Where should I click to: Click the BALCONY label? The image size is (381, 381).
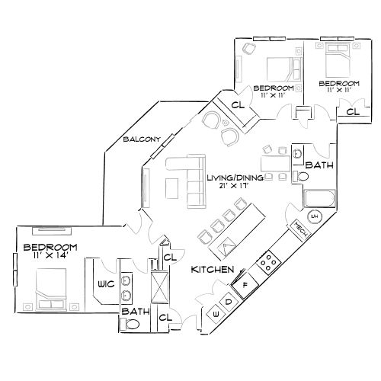140,139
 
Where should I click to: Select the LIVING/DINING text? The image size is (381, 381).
235,178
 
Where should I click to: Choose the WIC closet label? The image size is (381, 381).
105,284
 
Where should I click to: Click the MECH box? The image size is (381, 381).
296,230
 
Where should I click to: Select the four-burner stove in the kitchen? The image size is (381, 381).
269,264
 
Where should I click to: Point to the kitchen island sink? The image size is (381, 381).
226,245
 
